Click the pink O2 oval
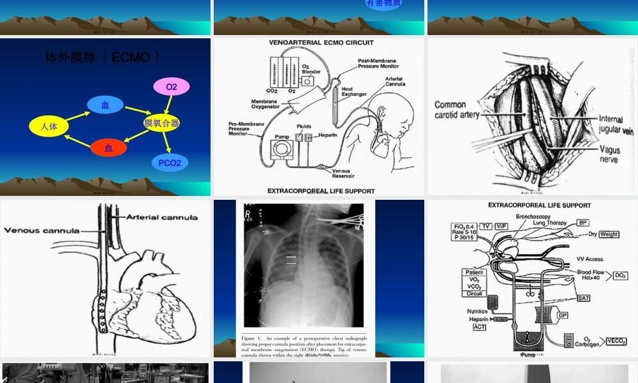(172, 87)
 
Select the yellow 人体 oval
(49, 126)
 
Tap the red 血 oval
(108, 148)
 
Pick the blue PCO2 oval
(170, 163)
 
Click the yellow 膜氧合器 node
(162, 123)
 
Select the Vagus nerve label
(609, 154)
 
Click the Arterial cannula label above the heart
(162, 218)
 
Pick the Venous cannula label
(42, 230)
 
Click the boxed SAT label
(583, 298)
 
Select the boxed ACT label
(479, 327)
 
